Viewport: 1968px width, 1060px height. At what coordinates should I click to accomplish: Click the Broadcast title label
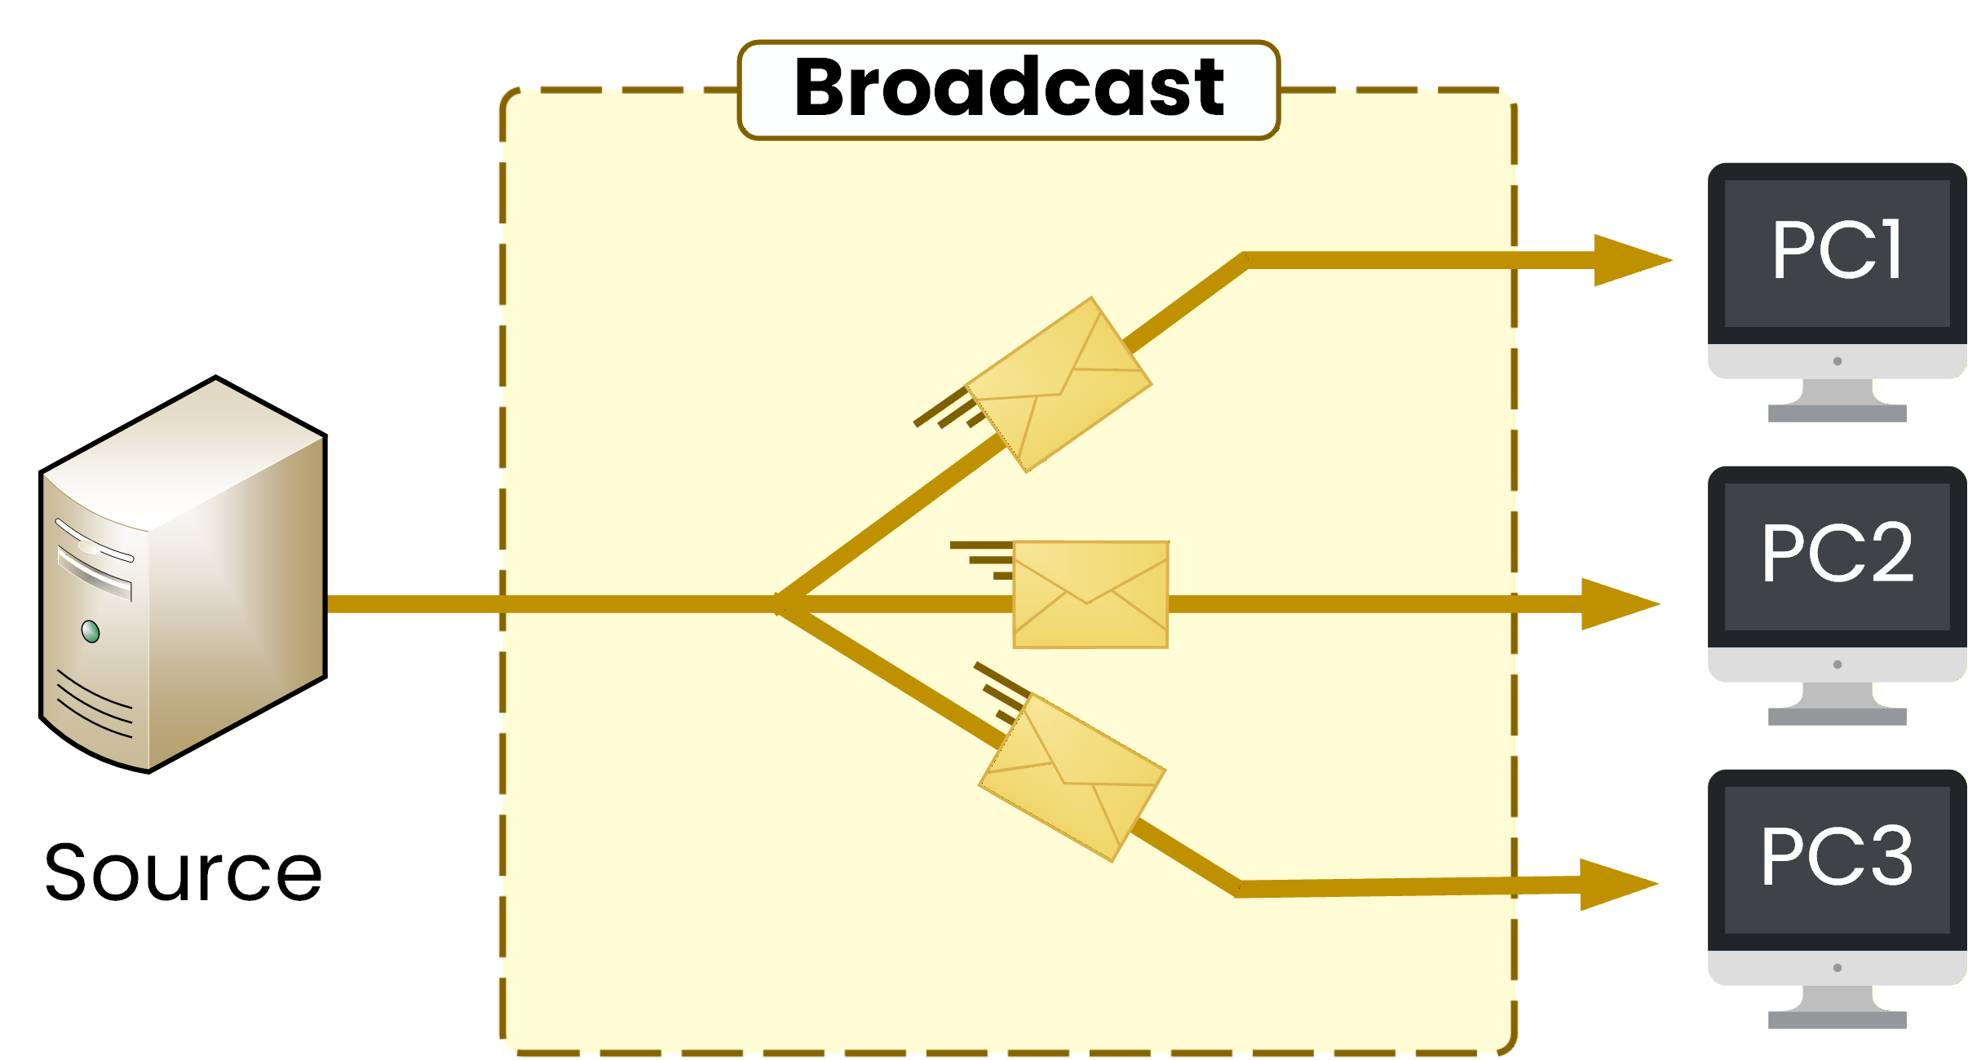[1008, 88]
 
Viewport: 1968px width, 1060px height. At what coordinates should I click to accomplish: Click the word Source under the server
[184, 873]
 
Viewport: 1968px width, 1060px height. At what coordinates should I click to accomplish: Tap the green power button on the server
[91, 631]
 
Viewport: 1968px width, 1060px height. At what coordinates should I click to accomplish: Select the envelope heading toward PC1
[1059, 384]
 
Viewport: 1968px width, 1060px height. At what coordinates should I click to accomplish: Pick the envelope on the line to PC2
[1090, 594]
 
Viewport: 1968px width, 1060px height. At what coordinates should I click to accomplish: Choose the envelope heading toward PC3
[1072, 777]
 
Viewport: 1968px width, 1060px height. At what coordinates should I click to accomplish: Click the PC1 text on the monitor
[1837, 250]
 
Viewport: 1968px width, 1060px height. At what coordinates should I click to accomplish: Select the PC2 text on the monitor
[1837, 554]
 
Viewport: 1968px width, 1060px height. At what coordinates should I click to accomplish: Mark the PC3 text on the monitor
[1837, 857]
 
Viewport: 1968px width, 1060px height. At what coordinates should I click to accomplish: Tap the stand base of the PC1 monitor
[1837, 413]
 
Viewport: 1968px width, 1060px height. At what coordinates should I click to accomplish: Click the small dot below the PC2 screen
[1838, 665]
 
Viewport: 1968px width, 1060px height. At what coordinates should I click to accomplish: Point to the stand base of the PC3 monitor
[1837, 1020]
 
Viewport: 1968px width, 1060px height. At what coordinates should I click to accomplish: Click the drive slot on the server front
[94, 572]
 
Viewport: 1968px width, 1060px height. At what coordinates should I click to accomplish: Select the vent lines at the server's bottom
[94, 704]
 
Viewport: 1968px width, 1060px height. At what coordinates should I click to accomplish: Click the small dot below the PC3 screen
[1838, 968]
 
